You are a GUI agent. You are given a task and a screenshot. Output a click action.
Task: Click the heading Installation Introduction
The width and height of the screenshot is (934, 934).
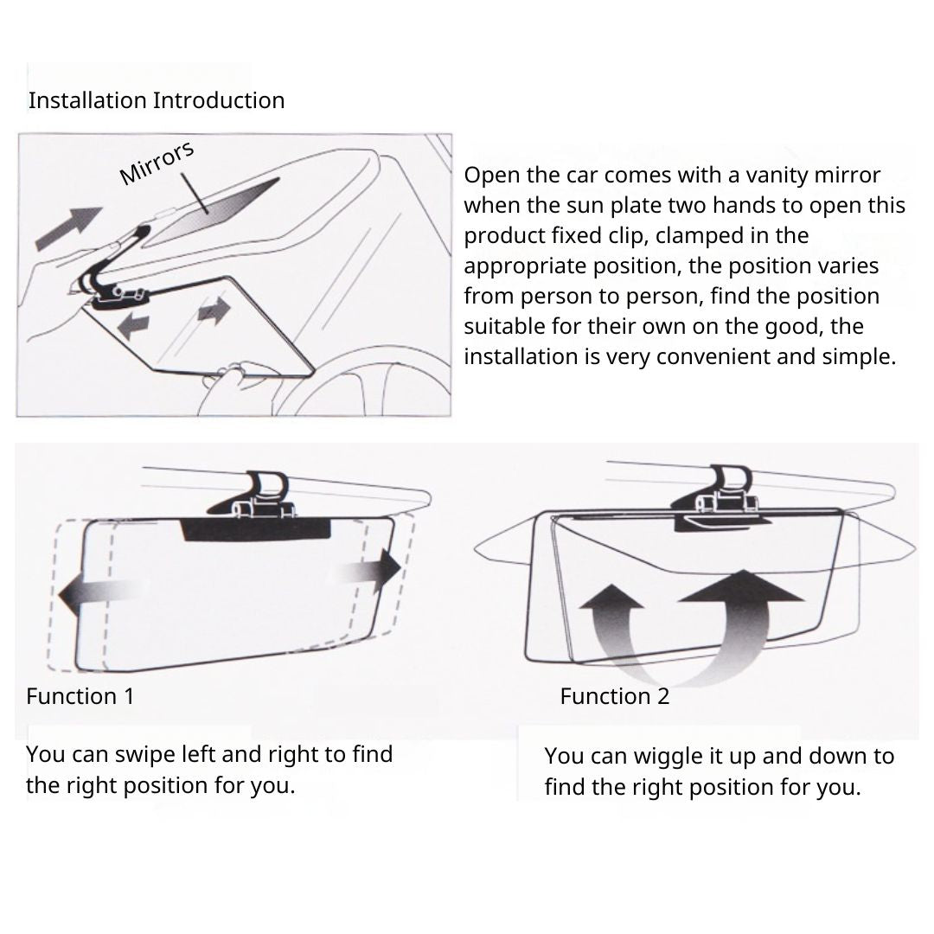[157, 100]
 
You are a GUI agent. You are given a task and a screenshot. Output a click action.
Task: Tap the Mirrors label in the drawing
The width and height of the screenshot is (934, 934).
[157, 163]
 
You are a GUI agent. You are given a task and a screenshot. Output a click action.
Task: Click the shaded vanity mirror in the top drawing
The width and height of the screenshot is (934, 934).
[212, 212]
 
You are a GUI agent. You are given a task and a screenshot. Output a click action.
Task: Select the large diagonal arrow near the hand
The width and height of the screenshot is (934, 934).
[68, 227]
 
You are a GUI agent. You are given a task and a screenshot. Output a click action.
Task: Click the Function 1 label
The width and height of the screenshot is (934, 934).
[80, 696]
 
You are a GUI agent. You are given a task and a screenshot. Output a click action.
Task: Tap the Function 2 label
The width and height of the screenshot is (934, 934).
[615, 696]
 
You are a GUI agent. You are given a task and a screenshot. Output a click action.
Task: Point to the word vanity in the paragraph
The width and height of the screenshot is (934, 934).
[777, 176]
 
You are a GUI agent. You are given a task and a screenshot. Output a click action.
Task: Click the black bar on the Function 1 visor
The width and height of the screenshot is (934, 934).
[255, 530]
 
